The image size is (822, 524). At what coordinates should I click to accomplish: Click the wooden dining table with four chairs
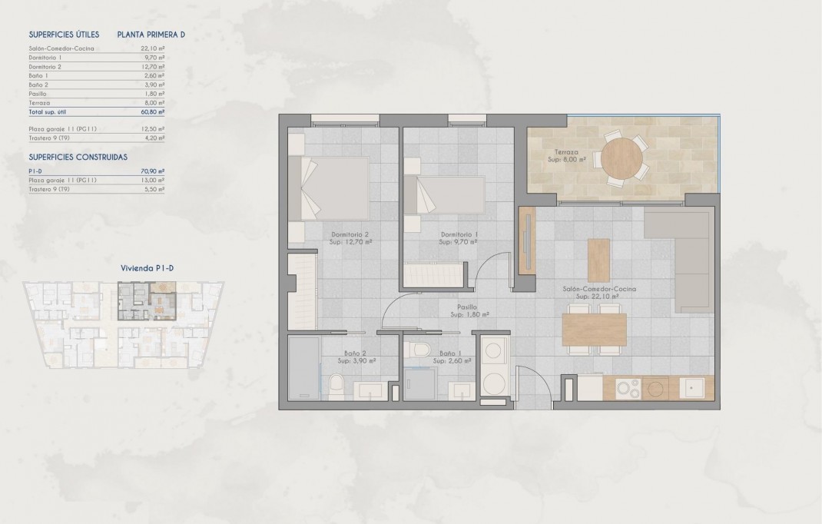point(594,330)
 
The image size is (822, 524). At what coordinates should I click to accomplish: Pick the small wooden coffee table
point(598,260)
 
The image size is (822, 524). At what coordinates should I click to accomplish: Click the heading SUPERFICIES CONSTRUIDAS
point(78,156)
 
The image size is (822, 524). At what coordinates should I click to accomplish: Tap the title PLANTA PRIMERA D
point(151,35)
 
